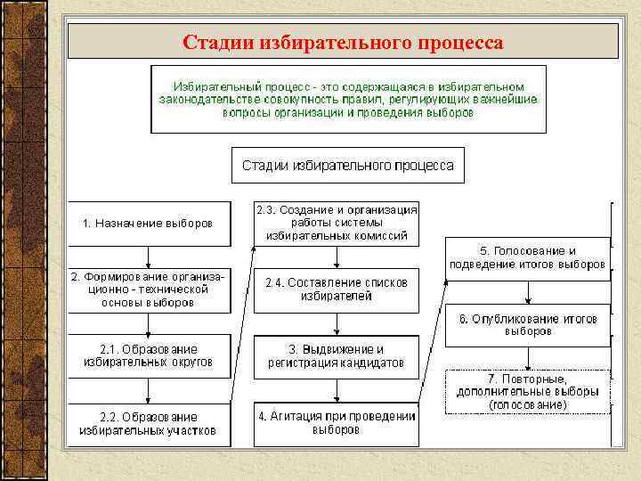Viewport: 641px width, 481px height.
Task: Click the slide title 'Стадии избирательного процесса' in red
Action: tap(343, 42)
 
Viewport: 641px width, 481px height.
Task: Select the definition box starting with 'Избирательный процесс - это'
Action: tap(348, 99)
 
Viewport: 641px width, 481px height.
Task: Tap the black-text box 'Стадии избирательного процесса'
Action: tap(348, 166)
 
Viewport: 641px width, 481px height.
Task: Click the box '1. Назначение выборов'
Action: tap(149, 224)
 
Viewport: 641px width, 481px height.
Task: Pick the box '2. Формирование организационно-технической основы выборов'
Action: tap(149, 290)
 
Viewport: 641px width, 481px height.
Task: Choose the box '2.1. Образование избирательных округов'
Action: tap(149, 356)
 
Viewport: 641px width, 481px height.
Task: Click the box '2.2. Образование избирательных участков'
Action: tap(149, 424)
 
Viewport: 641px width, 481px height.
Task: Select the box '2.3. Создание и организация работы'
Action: tap(337, 224)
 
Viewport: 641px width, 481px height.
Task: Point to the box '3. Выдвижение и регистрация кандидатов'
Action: tap(337, 356)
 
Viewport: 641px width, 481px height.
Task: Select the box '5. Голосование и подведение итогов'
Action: tap(528, 258)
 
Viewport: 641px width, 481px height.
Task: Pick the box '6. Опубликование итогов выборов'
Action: tap(528, 325)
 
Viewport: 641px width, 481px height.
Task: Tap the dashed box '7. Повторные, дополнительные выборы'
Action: tap(528, 391)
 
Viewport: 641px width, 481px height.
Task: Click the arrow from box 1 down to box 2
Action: tap(149, 257)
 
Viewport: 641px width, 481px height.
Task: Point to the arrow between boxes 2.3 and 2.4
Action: tap(337, 257)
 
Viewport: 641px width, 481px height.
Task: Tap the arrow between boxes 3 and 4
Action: tap(337, 390)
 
